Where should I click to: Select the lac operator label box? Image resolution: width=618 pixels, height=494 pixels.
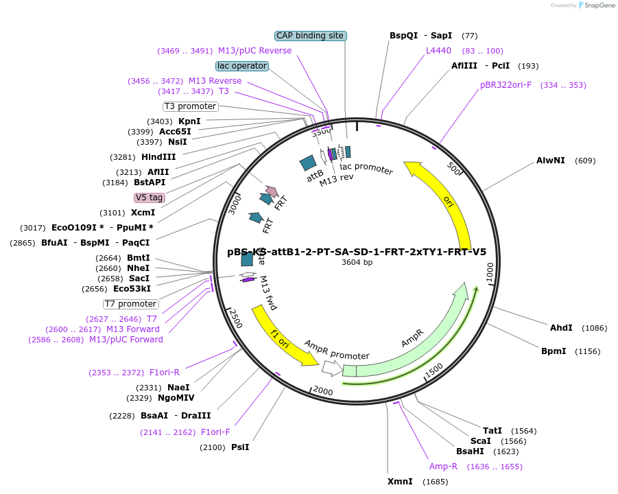(x=241, y=66)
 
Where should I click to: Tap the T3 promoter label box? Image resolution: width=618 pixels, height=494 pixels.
(x=191, y=106)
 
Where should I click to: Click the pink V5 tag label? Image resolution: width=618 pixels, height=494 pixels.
(x=150, y=198)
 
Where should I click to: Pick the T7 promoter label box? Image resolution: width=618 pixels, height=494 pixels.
(x=131, y=304)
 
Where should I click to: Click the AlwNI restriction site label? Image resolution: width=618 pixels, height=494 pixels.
(x=551, y=161)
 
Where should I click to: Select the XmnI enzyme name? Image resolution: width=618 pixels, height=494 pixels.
(x=400, y=482)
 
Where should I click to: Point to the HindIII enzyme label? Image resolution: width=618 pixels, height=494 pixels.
(x=158, y=157)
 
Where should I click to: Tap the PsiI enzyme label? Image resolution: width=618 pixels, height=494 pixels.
(x=240, y=447)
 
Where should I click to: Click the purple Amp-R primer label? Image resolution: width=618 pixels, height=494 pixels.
(x=443, y=467)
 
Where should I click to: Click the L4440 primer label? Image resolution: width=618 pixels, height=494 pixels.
(x=438, y=51)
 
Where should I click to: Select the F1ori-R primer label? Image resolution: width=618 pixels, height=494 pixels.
(x=165, y=373)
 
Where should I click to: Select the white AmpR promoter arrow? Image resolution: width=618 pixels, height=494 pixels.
(x=332, y=368)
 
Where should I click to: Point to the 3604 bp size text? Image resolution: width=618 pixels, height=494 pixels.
(x=357, y=262)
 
